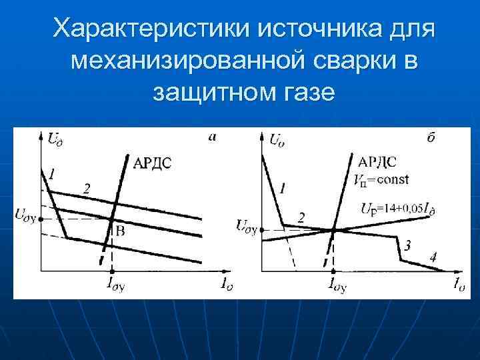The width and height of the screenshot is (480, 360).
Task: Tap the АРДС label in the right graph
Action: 377,162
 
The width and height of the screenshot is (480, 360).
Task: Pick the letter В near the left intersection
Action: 121,231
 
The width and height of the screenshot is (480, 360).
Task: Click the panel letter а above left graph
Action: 212,137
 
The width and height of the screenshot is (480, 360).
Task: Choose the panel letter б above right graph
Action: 431,138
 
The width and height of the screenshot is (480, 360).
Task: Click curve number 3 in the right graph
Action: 407,247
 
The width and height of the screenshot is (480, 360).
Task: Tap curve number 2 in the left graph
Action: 86,189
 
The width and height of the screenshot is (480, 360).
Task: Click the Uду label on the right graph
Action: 246,225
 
